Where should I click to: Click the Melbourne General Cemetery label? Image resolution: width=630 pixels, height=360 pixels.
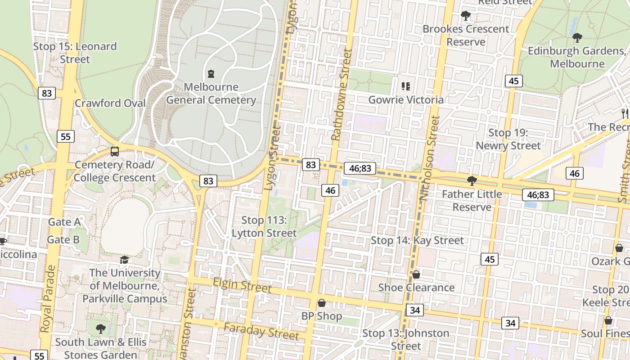211,93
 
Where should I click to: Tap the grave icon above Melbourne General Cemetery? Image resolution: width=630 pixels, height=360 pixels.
211,73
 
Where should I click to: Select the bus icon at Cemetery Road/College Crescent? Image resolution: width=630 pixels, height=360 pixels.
115,152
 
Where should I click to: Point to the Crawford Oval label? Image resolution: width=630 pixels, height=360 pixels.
110,103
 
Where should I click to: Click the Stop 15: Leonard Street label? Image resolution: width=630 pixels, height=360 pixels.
75,53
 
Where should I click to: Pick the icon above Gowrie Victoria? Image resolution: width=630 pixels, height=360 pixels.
406,86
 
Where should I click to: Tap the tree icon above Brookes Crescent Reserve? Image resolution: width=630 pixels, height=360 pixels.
466,16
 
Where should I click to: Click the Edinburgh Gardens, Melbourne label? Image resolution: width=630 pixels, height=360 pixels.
577,57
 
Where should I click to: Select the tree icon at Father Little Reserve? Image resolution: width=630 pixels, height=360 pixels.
472,181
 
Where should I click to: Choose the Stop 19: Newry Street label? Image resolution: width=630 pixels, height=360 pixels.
508,139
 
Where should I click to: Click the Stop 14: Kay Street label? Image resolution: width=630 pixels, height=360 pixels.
417,240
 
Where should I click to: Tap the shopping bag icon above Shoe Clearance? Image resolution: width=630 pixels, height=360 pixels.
416,274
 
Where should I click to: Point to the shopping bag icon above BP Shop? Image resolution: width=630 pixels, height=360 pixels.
322,303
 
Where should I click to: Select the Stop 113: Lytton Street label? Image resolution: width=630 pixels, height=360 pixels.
264,226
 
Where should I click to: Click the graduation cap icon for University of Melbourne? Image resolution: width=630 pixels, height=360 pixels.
124,260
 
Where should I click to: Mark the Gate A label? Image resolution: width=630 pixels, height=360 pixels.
64,222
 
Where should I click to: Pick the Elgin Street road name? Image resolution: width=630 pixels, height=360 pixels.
242,285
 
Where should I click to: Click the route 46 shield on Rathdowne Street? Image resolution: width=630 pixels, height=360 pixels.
330,190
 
